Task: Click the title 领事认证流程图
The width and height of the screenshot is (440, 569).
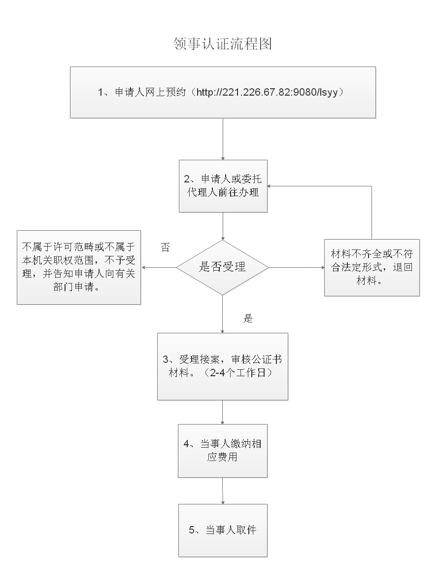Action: [x=223, y=44]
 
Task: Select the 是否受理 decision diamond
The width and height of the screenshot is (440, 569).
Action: [x=222, y=267]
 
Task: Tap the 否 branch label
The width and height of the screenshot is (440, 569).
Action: [x=166, y=248]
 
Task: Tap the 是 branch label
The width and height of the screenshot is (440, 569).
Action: [x=248, y=318]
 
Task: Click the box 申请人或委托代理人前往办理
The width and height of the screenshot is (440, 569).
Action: [x=223, y=186]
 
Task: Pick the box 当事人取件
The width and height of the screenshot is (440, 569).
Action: [x=223, y=530]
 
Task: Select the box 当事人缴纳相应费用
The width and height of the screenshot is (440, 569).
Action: [x=223, y=451]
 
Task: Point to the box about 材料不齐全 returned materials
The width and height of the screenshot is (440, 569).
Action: [x=372, y=268]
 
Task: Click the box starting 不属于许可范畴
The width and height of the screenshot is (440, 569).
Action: [x=79, y=267]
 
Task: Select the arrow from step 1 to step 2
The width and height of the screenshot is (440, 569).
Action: [x=223, y=139]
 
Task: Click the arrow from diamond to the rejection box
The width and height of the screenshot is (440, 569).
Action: [x=159, y=267]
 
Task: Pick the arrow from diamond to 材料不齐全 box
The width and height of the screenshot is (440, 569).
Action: [x=297, y=267]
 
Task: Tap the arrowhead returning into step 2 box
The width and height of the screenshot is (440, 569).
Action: [x=269, y=186]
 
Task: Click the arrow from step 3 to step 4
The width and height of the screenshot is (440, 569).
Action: [x=222, y=412]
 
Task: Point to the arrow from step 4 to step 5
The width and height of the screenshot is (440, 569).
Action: [x=223, y=491]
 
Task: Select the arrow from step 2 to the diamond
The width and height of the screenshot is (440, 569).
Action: [x=223, y=226]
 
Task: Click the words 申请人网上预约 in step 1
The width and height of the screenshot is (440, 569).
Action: [x=150, y=92]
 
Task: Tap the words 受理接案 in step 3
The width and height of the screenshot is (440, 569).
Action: [x=200, y=359]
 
